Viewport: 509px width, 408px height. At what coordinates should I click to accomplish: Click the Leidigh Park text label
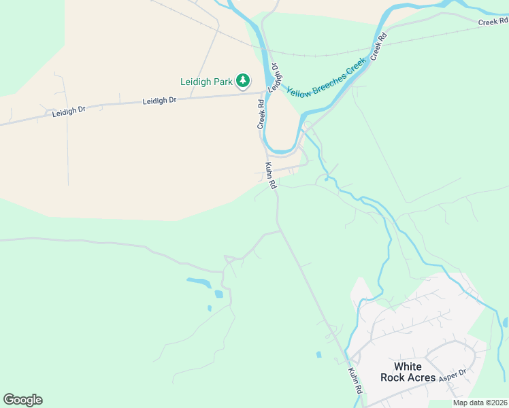tap(206, 82)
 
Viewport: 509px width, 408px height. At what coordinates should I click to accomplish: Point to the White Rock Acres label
tap(408, 372)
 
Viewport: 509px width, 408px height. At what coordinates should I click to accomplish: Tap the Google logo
tap(22, 399)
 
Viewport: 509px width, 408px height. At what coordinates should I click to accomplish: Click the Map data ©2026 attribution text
tap(480, 403)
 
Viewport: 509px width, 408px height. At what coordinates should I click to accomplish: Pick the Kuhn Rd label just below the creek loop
tap(271, 175)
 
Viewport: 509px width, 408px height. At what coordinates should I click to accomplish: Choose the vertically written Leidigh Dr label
tap(274, 78)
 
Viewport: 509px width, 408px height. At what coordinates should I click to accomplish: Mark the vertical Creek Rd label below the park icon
tap(260, 114)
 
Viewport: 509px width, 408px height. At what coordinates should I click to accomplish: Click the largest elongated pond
tap(198, 282)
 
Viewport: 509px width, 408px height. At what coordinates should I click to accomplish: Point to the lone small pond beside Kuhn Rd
tap(318, 354)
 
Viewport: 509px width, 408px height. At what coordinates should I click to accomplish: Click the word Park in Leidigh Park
tap(222, 82)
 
